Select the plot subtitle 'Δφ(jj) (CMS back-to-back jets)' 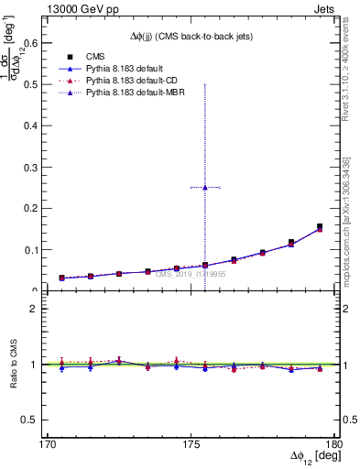tap(190, 36)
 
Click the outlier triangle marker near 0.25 tap(205, 187)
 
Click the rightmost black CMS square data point tap(320, 226)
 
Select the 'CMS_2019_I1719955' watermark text tap(190, 273)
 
